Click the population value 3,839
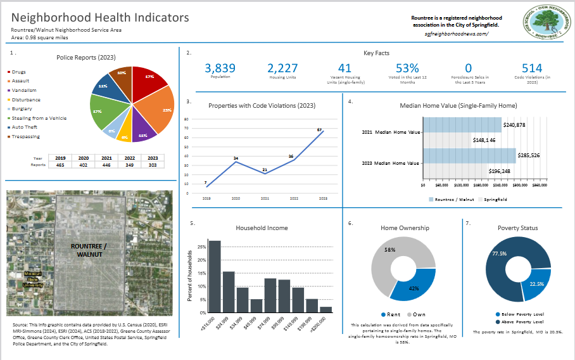click(221, 68)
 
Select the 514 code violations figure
click(532, 68)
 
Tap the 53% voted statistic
click(407, 68)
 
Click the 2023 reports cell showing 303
click(153, 164)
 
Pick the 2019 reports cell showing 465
click(60, 164)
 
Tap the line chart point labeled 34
click(235, 162)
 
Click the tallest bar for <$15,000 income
click(215, 276)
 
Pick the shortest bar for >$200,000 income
click(325, 309)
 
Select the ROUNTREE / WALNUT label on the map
click(89, 250)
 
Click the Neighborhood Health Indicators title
click(100, 18)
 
